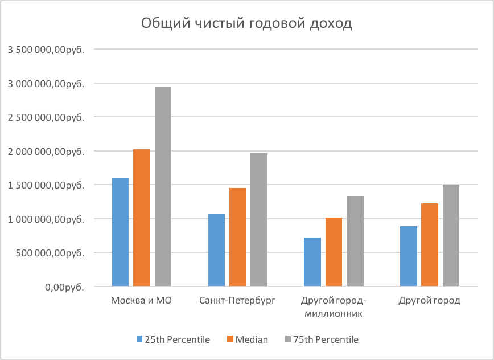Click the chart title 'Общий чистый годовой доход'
click(246, 24)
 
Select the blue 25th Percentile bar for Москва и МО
click(120, 231)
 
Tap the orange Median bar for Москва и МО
click(142, 217)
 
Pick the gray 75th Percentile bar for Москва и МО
click(163, 186)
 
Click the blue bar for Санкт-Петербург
click(216, 249)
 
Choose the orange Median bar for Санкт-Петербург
click(238, 236)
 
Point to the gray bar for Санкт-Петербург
click(259, 219)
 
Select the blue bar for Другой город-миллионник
click(312, 261)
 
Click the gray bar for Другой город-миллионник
click(355, 240)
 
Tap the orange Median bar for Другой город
click(430, 244)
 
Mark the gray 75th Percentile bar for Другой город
click(451, 235)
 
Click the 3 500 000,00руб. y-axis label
click(46, 50)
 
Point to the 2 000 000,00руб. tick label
click(46, 151)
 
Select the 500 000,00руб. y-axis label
click(50, 252)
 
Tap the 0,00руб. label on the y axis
click(64, 287)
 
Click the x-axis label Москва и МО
click(141, 301)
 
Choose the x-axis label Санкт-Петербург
click(237, 301)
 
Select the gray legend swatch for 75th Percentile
click(287, 339)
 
